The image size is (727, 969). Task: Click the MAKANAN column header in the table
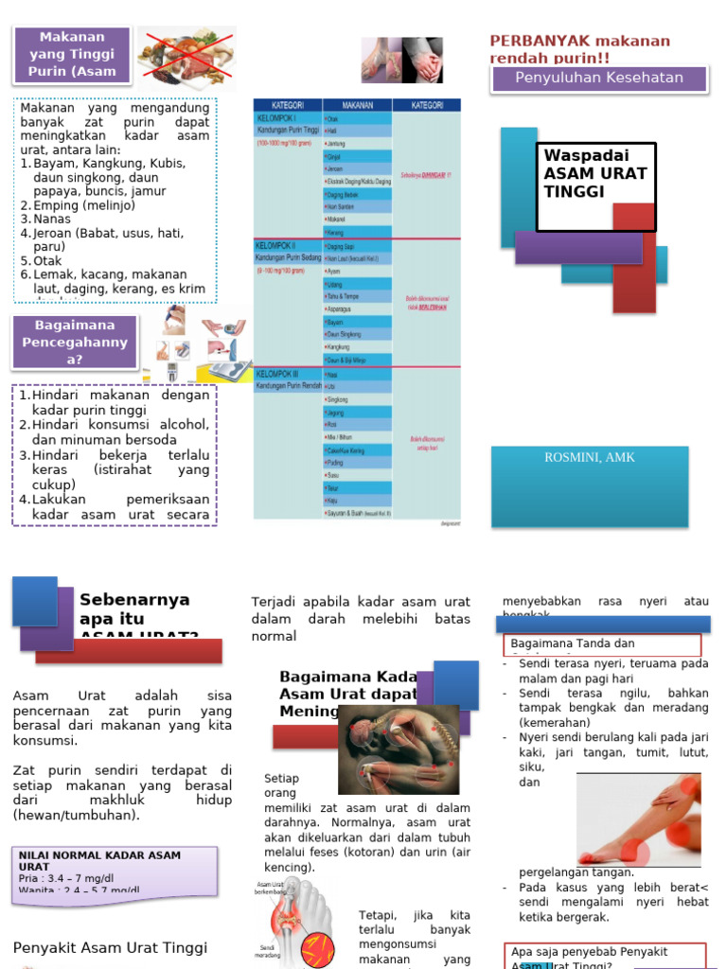pyautogui.click(x=357, y=105)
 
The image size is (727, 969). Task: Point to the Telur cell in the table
pyautogui.click(x=334, y=487)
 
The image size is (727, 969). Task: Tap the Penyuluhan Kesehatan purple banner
pyautogui.click(x=598, y=79)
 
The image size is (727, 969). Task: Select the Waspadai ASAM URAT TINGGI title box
pyautogui.click(x=595, y=186)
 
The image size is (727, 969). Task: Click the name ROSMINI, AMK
pyautogui.click(x=590, y=458)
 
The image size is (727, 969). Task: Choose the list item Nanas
pyautogui.click(x=53, y=219)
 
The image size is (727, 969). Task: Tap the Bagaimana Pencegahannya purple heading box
pyautogui.click(x=75, y=343)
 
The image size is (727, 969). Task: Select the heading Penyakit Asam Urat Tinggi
pyautogui.click(x=110, y=947)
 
